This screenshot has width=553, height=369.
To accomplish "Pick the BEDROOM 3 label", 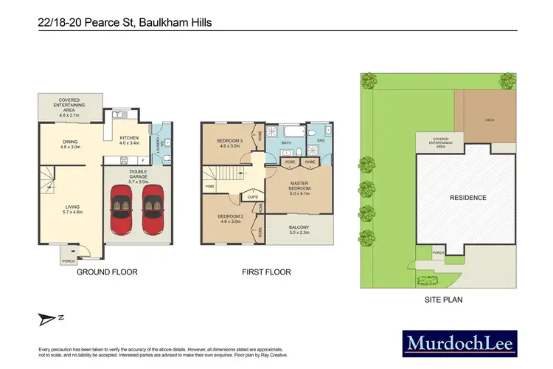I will click(229, 142).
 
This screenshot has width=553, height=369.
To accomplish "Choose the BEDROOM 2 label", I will click(229, 218).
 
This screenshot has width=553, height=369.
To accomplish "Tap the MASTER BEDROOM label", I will click(299, 184).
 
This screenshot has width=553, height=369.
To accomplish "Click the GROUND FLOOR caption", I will click(107, 272).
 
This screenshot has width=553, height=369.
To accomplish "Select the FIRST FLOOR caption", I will click(266, 272).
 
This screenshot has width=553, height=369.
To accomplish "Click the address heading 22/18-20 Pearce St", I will click(125, 23).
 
